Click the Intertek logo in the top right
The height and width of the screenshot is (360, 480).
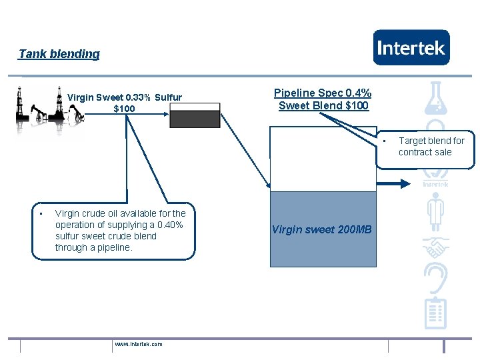pyautogui.click(x=411, y=47)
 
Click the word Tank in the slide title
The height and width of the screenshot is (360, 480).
pyautogui.click(x=30, y=54)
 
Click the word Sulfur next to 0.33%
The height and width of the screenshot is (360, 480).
pyautogui.click(x=169, y=97)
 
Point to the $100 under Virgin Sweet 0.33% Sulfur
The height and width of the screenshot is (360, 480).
pyautogui.click(x=124, y=109)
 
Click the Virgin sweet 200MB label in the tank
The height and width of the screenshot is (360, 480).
pyautogui.click(x=322, y=230)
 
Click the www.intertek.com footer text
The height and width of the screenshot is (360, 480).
pyautogui.click(x=138, y=344)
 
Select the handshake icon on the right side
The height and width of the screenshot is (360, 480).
pyautogui.click(x=435, y=249)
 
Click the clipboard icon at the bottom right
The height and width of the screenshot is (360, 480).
pyautogui.click(x=435, y=313)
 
